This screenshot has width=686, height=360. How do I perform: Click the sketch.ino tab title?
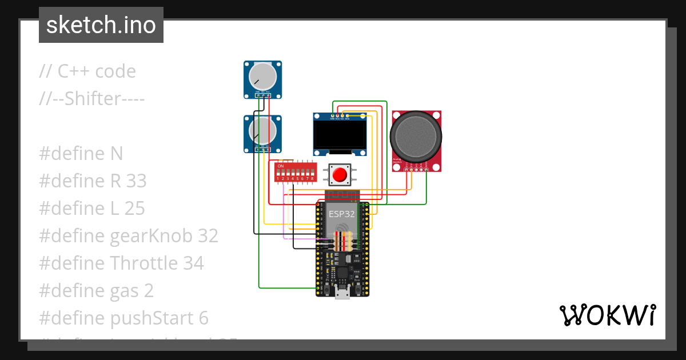101,25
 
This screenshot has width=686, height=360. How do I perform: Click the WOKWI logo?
607,315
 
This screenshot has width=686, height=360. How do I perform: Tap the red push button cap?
341,174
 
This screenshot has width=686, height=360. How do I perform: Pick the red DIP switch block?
295,171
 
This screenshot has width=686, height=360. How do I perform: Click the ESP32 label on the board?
341,214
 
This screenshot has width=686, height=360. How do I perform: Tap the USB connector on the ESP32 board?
342,294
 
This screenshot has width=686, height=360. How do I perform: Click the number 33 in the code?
136,181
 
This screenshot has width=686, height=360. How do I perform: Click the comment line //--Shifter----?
92,99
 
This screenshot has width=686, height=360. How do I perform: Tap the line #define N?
81,154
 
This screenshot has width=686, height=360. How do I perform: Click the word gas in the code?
123,291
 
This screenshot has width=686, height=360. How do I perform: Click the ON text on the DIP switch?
280,166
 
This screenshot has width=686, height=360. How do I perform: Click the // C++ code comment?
87,71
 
